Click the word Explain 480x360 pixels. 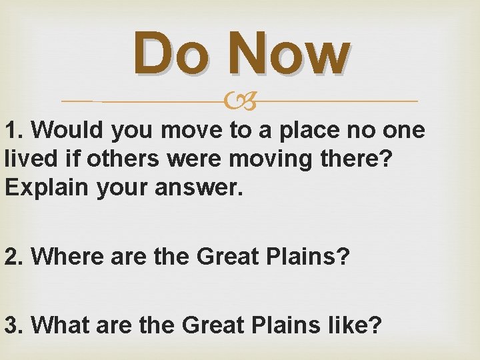coord(42,188)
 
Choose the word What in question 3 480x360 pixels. coord(60,325)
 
